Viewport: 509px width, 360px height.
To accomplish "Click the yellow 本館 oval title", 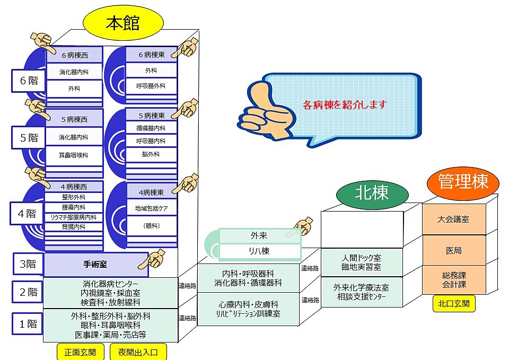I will [123, 24].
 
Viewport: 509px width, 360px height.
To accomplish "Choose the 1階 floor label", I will [28, 323].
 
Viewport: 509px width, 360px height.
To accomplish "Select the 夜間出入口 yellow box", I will [138, 352].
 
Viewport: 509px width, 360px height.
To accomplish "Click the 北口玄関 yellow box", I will [453, 304].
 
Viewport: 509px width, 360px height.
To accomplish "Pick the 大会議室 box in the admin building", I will [453, 219].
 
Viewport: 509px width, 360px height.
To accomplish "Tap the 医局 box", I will [453, 250].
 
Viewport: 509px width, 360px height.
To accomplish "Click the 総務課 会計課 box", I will [453, 279].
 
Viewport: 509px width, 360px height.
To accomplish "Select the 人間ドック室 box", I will [362, 262].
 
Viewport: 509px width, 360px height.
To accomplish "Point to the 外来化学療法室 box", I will [362, 292].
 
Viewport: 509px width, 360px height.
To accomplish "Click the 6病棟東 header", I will [151, 55].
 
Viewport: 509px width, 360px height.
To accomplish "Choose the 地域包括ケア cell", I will [152, 208].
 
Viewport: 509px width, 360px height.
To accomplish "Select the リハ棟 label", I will [260, 251].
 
